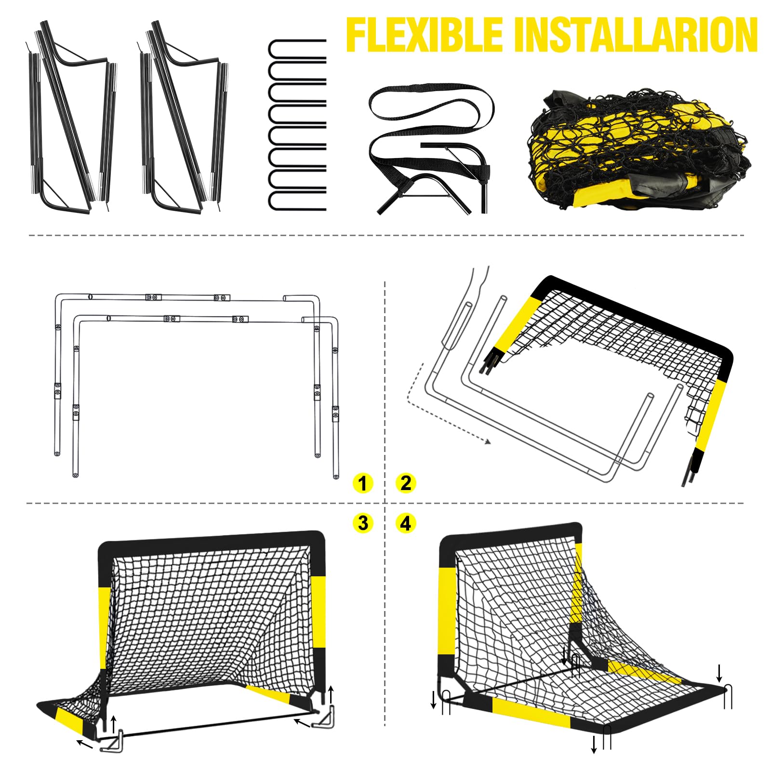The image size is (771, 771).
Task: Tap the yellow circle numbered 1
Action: coord(363,483)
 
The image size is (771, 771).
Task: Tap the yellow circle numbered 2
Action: coord(406,483)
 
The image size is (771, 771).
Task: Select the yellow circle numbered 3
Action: coord(363,523)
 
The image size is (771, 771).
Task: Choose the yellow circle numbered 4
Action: coord(406,523)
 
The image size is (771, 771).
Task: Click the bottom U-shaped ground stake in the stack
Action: coord(297,201)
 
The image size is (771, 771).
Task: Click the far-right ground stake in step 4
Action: coord(728,696)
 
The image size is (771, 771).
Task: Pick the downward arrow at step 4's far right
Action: coord(719,673)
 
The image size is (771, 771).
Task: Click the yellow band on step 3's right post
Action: coord(318,612)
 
